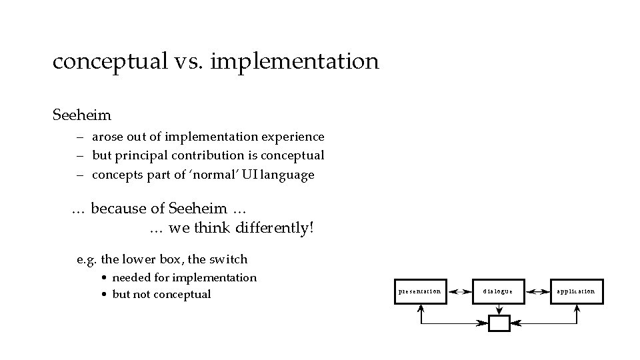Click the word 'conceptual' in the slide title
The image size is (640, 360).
[109, 62]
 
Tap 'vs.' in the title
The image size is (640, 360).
[189, 62]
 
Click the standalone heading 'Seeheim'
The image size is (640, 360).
[81, 115]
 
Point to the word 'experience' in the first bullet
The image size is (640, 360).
[294, 137]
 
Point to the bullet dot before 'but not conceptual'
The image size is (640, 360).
[105, 295]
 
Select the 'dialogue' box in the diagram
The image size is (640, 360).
[499, 291]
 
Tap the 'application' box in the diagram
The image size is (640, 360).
[577, 291]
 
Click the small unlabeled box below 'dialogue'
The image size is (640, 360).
[499, 323]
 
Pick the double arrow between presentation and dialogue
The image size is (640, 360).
[459, 291]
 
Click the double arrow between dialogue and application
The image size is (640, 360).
[537, 291]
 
